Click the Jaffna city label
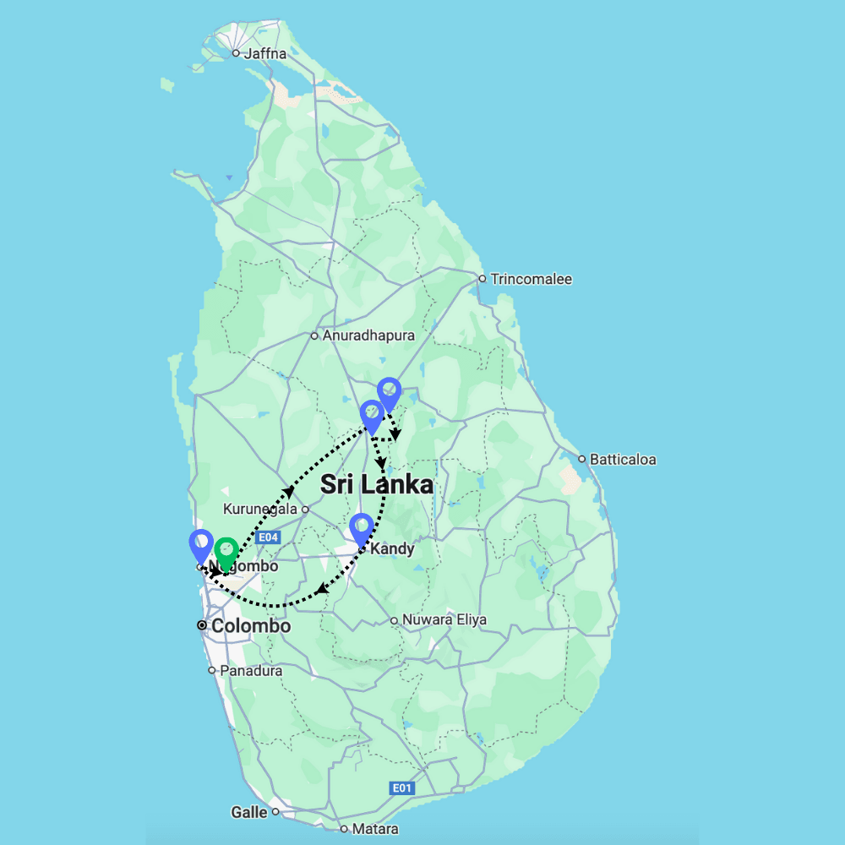pos(264,53)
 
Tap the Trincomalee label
pos(530,279)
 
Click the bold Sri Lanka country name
pos(377,485)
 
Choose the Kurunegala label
pos(260,510)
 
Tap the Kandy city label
pos(392,549)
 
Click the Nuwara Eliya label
pos(444,619)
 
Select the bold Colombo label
pos(251,626)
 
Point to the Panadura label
pos(250,670)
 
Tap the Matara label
pos(375,829)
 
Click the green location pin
pos(226,553)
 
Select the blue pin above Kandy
pos(362,529)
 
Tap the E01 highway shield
pos(402,788)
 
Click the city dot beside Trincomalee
pos(482,279)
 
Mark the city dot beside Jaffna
pos(236,53)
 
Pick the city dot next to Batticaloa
pos(582,460)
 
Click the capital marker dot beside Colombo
pos(201,626)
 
